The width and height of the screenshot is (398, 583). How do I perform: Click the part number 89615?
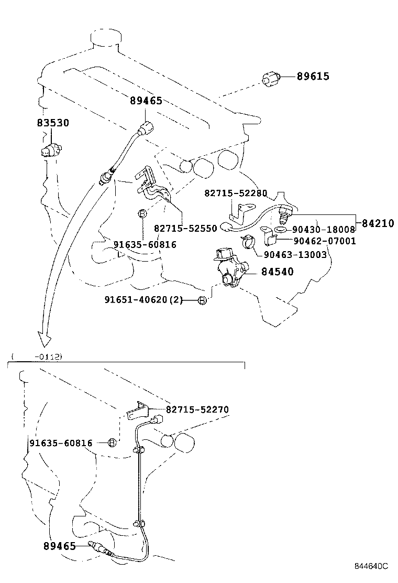click(313, 77)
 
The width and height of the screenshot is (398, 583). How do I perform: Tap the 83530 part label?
click(52, 123)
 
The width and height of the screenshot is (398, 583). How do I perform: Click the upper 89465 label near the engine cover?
click(146, 101)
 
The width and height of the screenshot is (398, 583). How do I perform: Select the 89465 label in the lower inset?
click(59, 546)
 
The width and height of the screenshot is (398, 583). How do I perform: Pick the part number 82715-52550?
click(185, 229)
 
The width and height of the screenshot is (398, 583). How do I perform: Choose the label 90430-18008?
click(324, 230)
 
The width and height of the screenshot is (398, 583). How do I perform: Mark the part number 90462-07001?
click(324, 241)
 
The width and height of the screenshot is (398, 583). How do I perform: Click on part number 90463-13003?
click(295, 255)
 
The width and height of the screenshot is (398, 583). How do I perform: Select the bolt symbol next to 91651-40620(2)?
click(203, 300)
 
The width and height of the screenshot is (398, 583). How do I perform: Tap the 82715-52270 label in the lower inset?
click(197, 409)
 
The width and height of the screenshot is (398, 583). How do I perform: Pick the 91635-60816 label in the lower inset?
click(61, 444)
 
